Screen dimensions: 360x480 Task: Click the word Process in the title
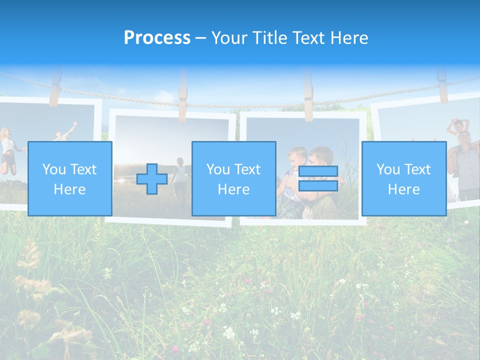pos(157,37)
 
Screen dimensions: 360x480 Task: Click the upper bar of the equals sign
pos(318,171)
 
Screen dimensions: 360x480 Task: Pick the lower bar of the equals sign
pos(318,186)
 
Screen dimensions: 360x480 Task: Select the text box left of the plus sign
pos(69,178)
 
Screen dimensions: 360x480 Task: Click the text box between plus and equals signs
pos(233,178)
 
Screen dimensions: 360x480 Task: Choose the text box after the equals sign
pos(403,178)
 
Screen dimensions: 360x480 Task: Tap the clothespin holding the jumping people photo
pos(54,89)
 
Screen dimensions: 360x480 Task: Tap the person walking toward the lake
pos(180,175)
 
